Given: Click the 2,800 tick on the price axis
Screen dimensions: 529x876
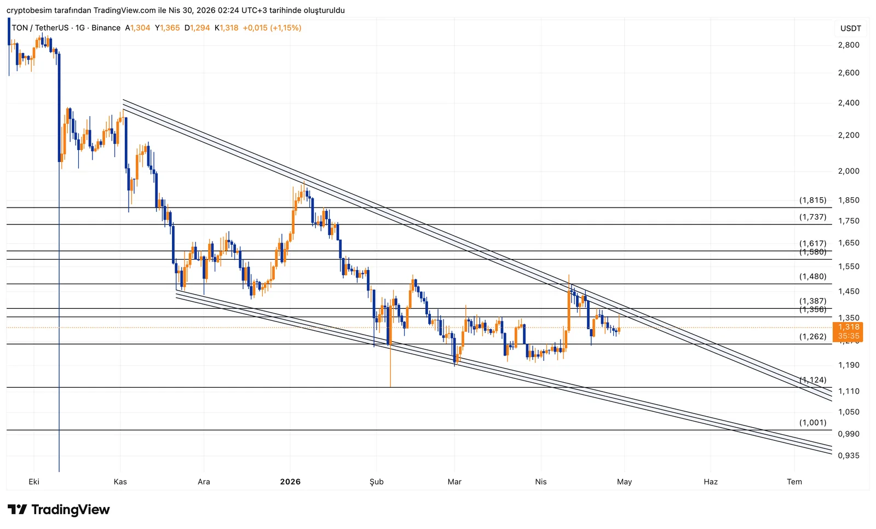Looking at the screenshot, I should click(849, 45).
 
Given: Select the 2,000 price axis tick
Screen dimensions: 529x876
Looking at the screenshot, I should click(849, 171).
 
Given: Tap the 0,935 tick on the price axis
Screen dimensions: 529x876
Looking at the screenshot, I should click(849, 456).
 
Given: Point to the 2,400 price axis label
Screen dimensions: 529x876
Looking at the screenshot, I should click(849, 103).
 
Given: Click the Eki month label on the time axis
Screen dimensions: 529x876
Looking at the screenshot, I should click(34, 482).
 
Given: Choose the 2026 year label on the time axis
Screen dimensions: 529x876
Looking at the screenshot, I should click(290, 482).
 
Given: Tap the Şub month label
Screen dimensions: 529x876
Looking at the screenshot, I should click(377, 482).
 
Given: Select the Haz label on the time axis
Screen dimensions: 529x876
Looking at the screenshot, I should click(711, 482).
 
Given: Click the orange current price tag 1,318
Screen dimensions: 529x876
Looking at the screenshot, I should click(849, 327).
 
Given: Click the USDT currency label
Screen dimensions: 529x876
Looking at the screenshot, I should click(851, 28).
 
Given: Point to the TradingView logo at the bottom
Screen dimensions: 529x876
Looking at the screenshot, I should click(59, 510).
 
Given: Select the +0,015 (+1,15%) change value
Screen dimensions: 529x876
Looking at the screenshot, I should click(272, 28).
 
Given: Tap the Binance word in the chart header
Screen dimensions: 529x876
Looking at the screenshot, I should click(106, 28).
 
